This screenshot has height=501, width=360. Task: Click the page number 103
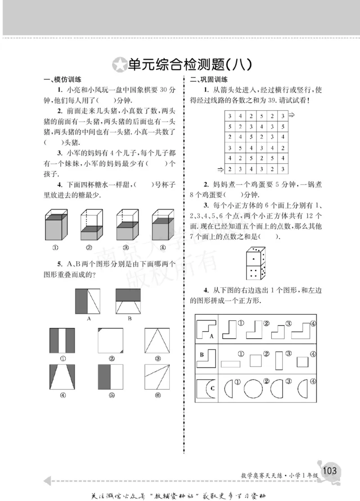click(x=329, y=470)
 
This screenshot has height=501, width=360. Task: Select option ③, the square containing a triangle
click(x=157, y=340)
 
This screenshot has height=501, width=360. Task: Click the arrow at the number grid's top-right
click(x=291, y=116)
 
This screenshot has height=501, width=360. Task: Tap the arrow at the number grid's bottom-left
click(x=220, y=169)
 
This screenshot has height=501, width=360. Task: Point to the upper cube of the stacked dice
click(x=255, y=256)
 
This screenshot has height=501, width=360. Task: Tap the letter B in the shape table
click(x=202, y=355)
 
